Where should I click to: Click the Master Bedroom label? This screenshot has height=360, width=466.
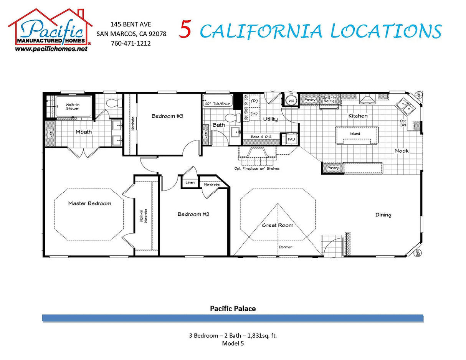89,203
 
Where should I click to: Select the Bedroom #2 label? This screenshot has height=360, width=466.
193,214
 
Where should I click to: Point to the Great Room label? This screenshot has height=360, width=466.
278,225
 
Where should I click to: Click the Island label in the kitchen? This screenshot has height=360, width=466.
355,134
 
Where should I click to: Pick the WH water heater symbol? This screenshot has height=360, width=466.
291,101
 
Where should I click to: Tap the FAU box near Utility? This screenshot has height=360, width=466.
291,139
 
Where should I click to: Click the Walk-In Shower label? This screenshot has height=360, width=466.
73,106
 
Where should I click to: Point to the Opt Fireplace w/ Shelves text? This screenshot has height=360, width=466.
257,168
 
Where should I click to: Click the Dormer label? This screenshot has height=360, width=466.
285,247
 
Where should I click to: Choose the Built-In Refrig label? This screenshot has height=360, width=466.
329,99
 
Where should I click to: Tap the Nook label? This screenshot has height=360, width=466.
402,151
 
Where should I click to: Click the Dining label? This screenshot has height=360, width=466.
383,215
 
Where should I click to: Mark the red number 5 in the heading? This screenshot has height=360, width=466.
185,31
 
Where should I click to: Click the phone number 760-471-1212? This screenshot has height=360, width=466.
131,43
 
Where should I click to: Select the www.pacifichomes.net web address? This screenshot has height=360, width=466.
51,49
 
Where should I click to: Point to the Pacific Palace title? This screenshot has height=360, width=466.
233,308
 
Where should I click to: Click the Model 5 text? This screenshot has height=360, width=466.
233,343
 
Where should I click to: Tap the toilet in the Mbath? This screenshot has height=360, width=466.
113,103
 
